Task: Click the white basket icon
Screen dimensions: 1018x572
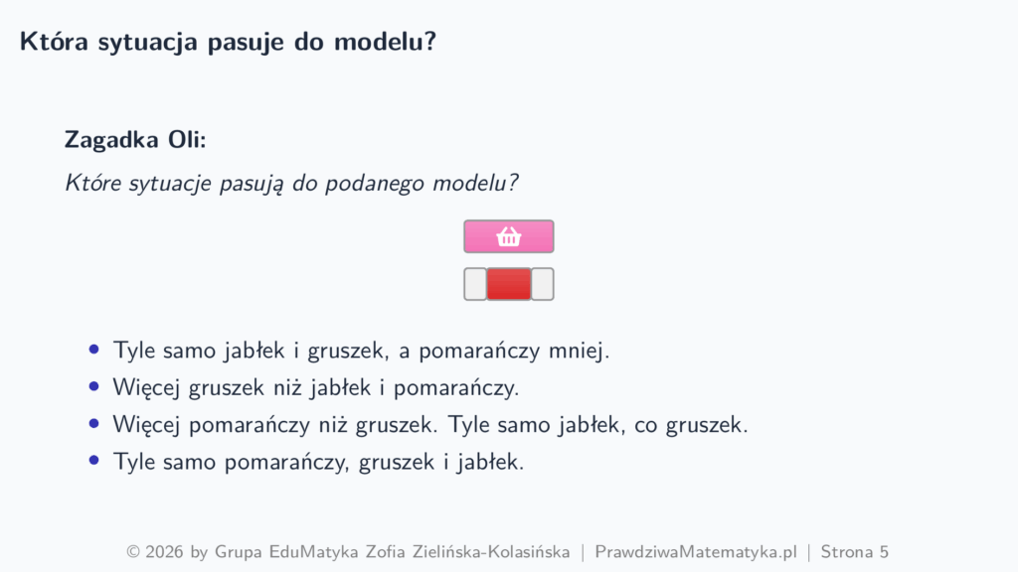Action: [x=508, y=236]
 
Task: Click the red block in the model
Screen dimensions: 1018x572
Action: [x=508, y=284]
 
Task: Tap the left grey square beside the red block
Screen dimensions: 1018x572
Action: [x=474, y=284]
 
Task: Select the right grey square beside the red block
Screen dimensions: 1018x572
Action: [x=542, y=284]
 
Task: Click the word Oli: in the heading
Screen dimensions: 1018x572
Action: [x=187, y=139]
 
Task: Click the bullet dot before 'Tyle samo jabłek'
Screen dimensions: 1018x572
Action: [x=94, y=350]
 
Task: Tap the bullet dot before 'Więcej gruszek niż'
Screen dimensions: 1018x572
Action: [x=94, y=386]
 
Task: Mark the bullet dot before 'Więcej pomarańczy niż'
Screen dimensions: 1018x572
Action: [x=94, y=423]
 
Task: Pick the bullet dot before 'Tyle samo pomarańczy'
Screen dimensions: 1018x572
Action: [x=94, y=461]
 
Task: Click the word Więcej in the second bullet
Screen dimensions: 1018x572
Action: [x=147, y=388]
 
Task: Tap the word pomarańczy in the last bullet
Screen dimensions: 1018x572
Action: [x=284, y=463]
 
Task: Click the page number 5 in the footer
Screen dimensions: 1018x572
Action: [x=884, y=552]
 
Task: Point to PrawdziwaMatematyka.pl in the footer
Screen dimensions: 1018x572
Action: [x=695, y=552]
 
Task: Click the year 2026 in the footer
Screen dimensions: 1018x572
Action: [x=164, y=552]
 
